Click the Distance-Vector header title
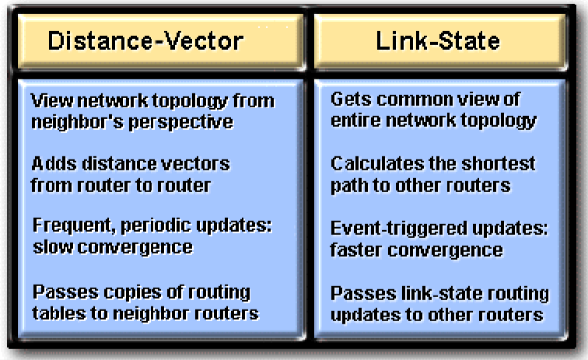[145, 41]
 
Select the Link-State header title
[438, 40]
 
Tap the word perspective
[180, 123]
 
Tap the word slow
[53, 247]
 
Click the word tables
[59, 313]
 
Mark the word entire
[355, 121]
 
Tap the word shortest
[499, 164]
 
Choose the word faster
[356, 250]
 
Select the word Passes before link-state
[363, 294]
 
